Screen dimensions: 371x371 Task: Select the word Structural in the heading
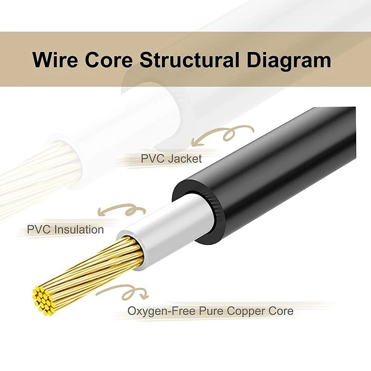tap(194, 60)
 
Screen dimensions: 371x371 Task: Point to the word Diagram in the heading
tap(292, 60)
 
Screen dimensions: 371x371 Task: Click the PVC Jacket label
tap(171, 159)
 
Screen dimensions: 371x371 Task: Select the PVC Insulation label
tap(65, 229)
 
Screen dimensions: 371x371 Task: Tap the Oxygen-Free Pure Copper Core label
tap(211, 311)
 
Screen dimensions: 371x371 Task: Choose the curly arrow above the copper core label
tap(123, 292)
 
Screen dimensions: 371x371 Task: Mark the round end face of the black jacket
tap(197, 213)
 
